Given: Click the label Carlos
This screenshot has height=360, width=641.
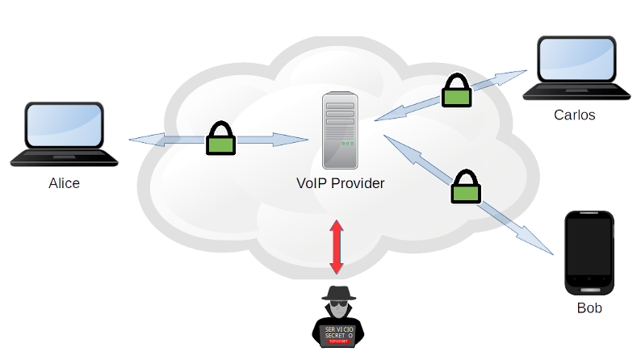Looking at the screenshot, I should coord(574,115).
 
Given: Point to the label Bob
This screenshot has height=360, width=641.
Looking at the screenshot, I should coord(589,309).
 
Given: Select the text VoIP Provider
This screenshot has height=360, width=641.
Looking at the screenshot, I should coord(340,183).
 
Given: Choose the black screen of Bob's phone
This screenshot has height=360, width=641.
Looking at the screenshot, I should coord(589,249).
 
